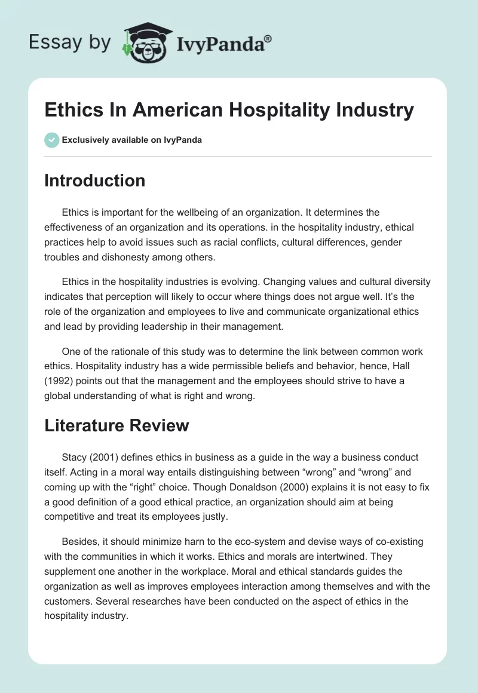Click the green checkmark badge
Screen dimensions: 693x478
click(51, 140)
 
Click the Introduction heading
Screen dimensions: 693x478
click(94, 180)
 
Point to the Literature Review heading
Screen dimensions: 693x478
click(117, 425)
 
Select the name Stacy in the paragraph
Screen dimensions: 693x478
click(74, 457)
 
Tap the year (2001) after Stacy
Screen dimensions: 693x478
click(108, 457)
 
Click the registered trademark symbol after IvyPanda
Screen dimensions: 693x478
click(268, 38)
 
